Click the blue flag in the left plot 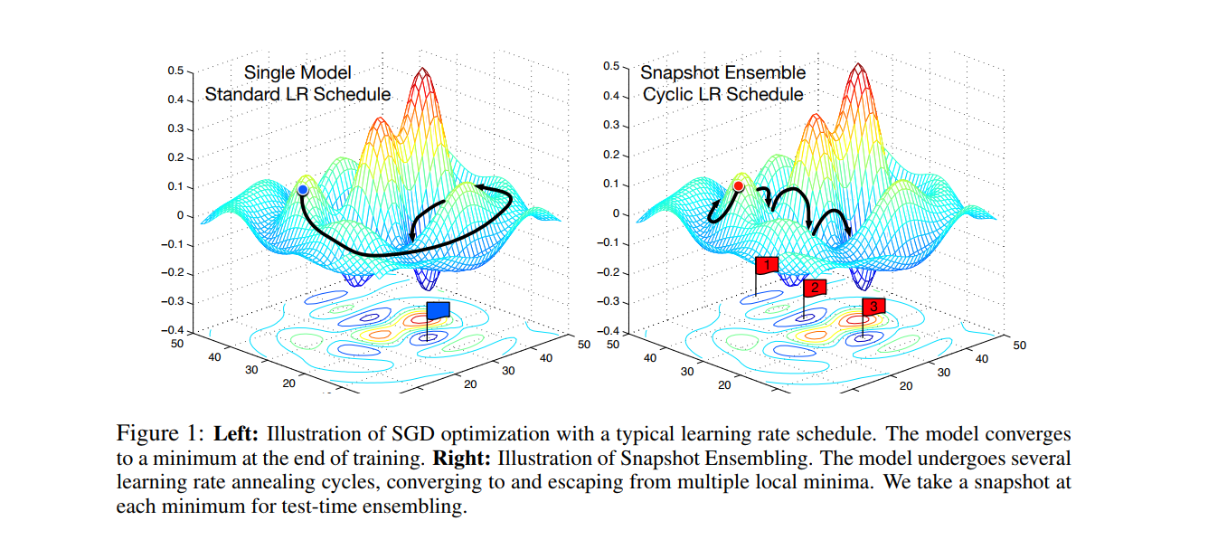(438, 310)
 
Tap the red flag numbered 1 (767, 265)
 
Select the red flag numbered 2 (815, 288)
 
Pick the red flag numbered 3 (873, 307)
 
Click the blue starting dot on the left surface (302, 190)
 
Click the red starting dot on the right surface (738, 186)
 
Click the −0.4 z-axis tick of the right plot (609, 331)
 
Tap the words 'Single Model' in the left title (298, 72)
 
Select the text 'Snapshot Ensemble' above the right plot (722, 72)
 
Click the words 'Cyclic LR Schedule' (722, 94)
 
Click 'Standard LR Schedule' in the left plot (298, 94)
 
